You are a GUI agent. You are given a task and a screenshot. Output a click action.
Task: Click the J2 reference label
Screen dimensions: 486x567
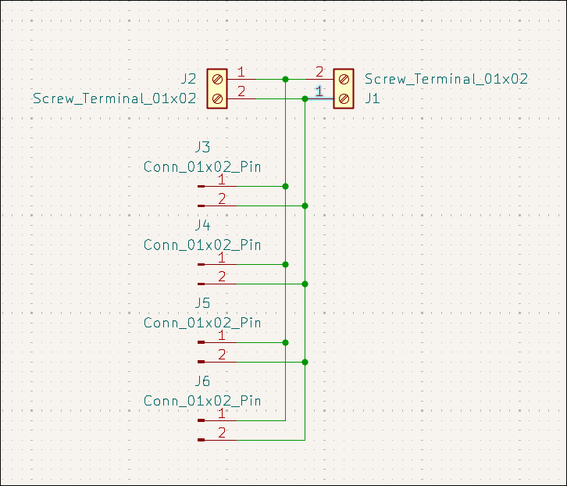click(187, 79)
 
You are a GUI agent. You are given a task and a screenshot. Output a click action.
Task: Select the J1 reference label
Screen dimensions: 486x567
click(373, 98)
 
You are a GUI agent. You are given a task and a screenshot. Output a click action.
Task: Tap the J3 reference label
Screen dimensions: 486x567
click(201, 147)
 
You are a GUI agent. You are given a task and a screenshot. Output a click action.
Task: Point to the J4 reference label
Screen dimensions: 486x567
click(201, 225)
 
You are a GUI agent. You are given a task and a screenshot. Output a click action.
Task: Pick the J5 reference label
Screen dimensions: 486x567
click(201, 303)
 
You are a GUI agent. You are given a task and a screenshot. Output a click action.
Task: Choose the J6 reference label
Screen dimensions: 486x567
click(201, 381)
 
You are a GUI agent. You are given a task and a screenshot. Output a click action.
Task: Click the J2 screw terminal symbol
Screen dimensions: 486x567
click(217, 88)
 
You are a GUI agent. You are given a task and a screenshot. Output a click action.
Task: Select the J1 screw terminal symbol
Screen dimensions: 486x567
click(344, 88)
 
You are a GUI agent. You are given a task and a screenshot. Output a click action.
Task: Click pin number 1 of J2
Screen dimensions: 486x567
click(241, 73)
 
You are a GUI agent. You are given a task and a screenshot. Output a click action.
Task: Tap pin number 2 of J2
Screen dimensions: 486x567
click(241, 92)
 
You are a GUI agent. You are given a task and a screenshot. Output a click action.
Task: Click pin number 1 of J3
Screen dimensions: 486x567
click(222, 180)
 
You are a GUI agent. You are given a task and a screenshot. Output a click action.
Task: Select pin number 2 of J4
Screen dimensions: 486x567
click(222, 277)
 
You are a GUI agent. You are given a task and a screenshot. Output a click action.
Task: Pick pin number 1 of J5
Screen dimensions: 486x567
click(222, 336)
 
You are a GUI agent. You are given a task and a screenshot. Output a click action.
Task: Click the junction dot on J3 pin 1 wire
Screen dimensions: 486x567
click(285, 186)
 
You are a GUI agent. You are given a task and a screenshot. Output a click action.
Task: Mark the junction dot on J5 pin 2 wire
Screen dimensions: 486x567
click(305, 362)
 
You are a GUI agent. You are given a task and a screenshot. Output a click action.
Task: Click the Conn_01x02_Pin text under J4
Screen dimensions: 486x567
click(202, 245)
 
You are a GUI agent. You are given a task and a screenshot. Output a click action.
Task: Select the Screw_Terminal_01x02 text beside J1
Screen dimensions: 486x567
click(446, 79)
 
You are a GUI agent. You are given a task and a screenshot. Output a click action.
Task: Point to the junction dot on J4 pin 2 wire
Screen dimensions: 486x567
click(305, 284)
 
